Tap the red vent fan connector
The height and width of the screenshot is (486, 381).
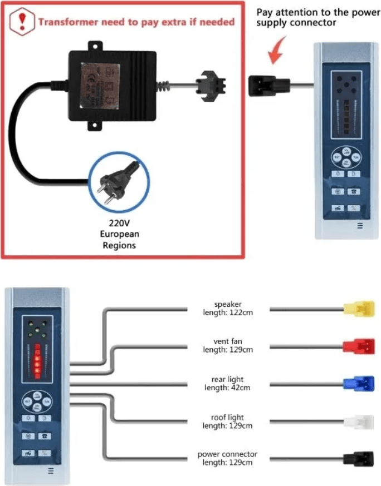click(x=359, y=346)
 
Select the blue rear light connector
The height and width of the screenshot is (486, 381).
click(x=359, y=384)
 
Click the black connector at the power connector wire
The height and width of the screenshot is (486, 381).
click(x=357, y=459)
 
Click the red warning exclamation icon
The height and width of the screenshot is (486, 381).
click(x=22, y=22)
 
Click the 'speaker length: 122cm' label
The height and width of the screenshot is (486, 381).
click(x=228, y=309)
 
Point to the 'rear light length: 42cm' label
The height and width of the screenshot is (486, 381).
click(x=228, y=384)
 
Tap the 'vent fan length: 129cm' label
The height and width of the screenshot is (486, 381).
click(x=228, y=346)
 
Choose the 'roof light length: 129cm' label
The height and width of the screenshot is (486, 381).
click(x=228, y=421)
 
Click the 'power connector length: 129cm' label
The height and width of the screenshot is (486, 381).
click(x=228, y=459)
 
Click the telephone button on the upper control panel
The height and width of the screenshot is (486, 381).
click(x=353, y=191)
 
